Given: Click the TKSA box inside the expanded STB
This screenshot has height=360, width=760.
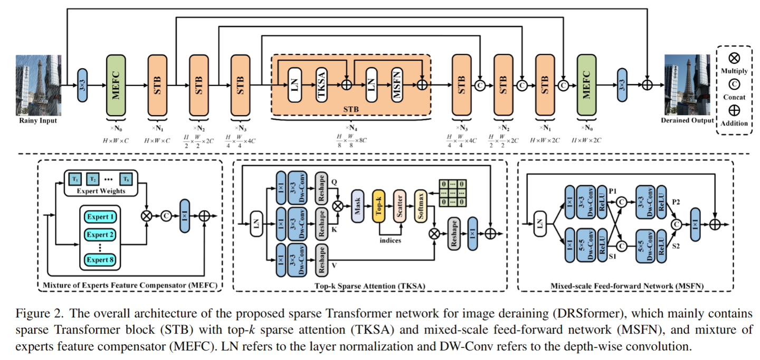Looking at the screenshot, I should click(321, 84).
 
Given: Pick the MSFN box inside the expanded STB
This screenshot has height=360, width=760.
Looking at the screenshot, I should click(398, 84).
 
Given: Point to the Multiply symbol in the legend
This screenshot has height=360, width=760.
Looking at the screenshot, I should click(734, 58).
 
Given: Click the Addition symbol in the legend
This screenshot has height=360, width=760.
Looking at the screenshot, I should click(734, 110).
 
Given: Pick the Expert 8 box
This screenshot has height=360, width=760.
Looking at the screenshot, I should click(100, 260).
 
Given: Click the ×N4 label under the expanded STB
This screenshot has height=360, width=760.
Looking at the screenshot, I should click(350, 128).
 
